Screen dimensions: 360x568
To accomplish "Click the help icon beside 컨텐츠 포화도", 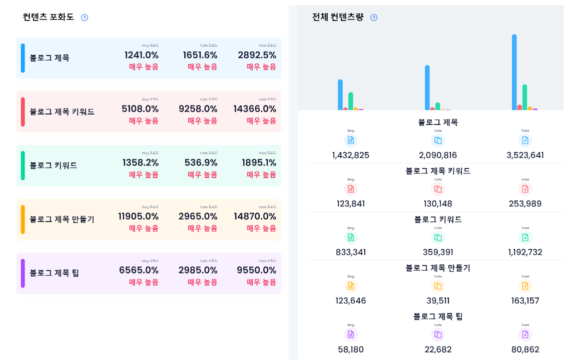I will (85, 17).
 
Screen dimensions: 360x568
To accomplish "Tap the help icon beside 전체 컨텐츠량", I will (374, 17).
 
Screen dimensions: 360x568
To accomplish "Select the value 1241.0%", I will (142, 55).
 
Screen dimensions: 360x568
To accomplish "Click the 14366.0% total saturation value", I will (255, 109).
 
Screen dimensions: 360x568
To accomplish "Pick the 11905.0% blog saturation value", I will (138, 216).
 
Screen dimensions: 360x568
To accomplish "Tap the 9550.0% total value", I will (256, 270).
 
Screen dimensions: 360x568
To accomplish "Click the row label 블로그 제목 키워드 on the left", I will (62, 111).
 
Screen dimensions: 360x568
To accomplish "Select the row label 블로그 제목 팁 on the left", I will (55, 273).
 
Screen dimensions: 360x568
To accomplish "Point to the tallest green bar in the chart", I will (524, 96).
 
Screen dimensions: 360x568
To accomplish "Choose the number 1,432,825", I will (350, 155).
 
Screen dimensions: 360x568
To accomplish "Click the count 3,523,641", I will (525, 155).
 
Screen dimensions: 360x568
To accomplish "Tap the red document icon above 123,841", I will (351, 189).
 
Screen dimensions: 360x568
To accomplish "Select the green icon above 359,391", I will (438, 237).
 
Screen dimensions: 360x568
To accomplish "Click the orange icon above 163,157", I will (525, 286).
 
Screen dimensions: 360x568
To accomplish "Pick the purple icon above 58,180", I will (351, 334).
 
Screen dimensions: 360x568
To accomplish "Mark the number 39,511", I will (438, 300).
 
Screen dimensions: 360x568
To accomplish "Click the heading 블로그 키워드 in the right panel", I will (438, 219).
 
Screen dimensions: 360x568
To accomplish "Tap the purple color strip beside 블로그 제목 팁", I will (23, 273).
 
